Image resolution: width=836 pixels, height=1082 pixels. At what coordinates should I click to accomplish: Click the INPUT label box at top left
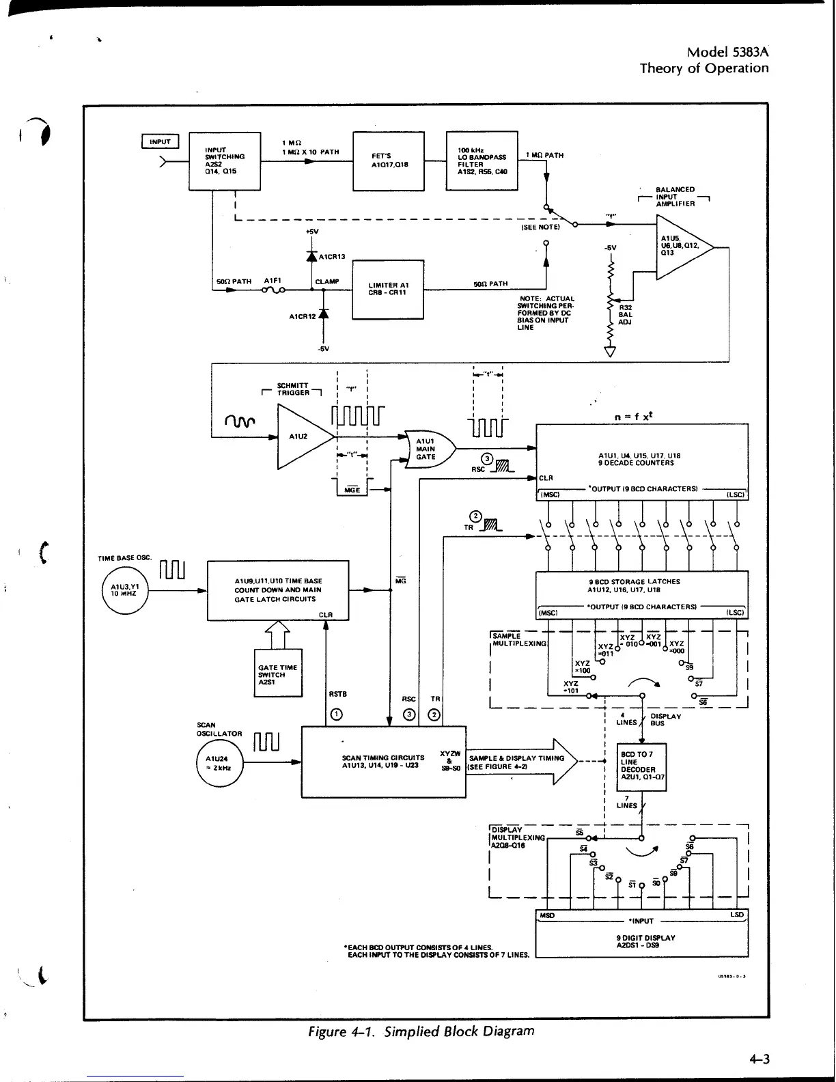coord(160,141)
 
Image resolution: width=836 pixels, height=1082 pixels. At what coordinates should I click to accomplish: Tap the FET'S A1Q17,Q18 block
coord(388,161)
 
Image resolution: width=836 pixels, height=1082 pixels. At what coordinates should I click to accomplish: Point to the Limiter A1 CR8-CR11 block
coord(388,289)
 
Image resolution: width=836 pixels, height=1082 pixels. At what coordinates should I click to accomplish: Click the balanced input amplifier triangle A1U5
coord(680,247)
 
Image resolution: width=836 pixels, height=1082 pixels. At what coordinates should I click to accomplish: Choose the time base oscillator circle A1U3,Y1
coord(124,589)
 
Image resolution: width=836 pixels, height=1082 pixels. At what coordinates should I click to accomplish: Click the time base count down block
coord(278,590)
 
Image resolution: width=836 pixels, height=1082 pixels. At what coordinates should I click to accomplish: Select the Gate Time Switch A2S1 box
coord(278,673)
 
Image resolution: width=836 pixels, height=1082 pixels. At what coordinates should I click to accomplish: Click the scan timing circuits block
coord(383,762)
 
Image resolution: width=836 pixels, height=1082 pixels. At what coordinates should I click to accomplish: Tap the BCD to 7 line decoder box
coord(641,766)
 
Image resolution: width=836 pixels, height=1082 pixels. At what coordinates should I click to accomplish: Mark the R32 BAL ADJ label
coord(625,314)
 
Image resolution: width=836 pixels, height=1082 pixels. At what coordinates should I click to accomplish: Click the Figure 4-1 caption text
coord(421,1031)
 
